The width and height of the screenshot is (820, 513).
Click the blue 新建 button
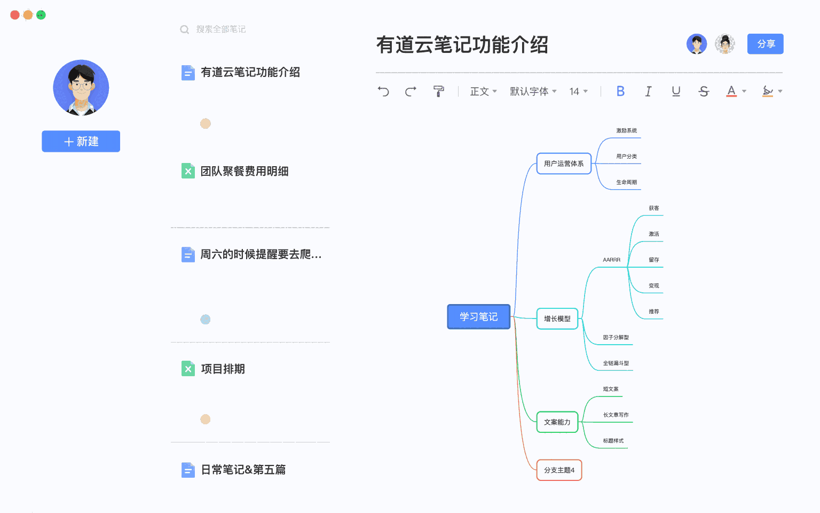[x=81, y=141]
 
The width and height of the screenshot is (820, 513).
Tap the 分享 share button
[x=765, y=44]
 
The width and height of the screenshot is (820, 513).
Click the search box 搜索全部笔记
[x=220, y=29]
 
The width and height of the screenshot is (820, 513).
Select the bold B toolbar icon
[x=620, y=91]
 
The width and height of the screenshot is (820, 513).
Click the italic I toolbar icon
[x=648, y=91]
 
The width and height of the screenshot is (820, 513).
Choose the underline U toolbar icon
[x=676, y=91]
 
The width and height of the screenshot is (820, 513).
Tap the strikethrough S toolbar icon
[x=704, y=91]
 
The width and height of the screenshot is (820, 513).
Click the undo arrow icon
[x=383, y=91]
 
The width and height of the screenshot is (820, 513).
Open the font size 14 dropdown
[x=578, y=91]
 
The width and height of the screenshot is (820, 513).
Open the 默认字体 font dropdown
[x=533, y=91]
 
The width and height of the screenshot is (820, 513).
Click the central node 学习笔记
[x=479, y=317]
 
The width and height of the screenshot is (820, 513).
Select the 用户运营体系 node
[x=564, y=164]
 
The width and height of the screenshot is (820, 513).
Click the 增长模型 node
[x=557, y=318]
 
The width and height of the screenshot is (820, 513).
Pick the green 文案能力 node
[x=557, y=422]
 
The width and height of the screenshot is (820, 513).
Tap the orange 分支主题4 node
[x=559, y=470]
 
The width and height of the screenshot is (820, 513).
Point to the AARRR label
[x=611, y=260]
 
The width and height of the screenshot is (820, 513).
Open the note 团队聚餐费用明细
[x=244, y=171]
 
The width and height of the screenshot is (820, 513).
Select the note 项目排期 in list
[x=223, y=369]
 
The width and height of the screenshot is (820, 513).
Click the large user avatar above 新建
[x=81, y=88]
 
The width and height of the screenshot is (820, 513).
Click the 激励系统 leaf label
[x=626, y=130]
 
